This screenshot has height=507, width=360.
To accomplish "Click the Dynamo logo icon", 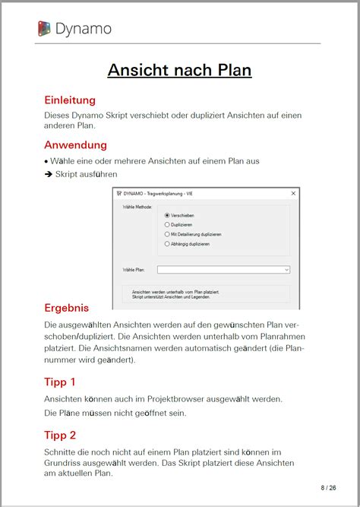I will (x=44, y=29).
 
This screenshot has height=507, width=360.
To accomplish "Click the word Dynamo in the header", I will (x=84, y=29).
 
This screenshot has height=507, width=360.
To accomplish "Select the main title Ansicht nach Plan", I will (x=179, y=71).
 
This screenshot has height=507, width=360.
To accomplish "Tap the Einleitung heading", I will (x=70, y=100).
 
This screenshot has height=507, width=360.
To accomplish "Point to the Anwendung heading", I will (x=75, y=144).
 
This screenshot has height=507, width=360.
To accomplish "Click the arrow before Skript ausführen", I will (x=48, y=174).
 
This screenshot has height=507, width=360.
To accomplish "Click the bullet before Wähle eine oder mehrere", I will (x=46, y=161).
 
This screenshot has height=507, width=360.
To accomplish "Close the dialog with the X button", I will (x=293, y=195).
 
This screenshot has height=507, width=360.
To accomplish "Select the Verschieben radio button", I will (x=167, y=216).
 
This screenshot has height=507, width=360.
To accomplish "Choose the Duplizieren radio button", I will (x=167, y=225).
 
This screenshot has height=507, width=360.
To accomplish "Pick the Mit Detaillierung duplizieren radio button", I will (x=167, y=234).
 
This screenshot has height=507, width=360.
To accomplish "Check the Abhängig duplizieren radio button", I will (x=167, y=243).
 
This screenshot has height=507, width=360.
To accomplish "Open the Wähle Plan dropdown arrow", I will (x=286, y=269).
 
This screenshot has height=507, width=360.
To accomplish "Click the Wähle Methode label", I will (x=138, y=207).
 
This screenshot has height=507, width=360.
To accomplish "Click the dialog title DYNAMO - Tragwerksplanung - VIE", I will (x=156, y=195).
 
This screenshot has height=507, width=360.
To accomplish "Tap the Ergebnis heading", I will (x=67, y=308).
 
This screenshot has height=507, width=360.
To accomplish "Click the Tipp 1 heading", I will (x=60, y=382).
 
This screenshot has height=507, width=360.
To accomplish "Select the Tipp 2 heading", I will (x=60, y=436).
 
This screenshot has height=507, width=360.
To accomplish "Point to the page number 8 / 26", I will (x=328, y=487).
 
